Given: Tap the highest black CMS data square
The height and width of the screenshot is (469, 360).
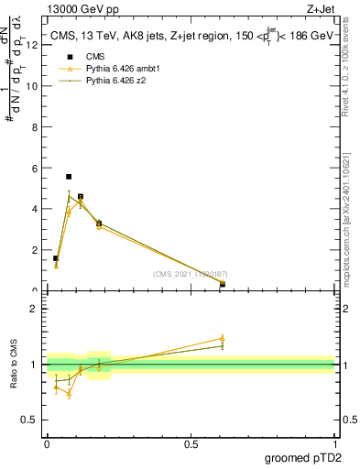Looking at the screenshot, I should [69, 176].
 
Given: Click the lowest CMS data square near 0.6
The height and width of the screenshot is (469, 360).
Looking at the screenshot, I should [223, 285].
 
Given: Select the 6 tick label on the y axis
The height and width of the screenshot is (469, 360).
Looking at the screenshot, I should [34, 168].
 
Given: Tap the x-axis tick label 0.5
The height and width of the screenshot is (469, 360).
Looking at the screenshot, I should [191, 443].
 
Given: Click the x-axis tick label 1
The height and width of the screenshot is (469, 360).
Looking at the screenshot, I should [334, 443].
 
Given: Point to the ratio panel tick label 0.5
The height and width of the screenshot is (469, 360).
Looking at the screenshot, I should [30, 421].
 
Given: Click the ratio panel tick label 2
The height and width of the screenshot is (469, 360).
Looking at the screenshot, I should [34, 308].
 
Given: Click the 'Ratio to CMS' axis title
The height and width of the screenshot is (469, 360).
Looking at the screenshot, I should [14, 365].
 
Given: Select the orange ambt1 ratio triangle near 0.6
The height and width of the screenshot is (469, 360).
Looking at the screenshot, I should [223, 338].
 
